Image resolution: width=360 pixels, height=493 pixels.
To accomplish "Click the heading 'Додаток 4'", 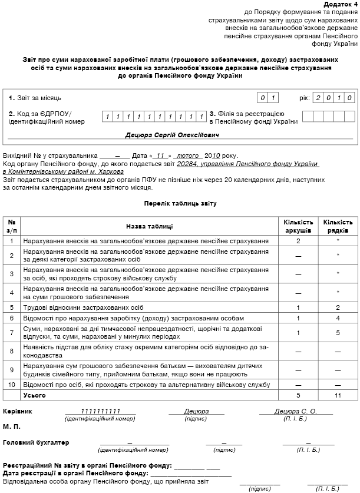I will coord(341,4).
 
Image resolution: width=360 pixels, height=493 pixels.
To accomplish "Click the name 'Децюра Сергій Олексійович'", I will coord(172,135).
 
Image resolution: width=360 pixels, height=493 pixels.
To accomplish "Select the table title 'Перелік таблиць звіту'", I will coord(180,203).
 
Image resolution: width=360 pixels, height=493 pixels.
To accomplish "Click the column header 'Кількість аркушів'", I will coord(298,226).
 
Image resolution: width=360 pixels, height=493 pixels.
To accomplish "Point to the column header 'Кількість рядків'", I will coord(338,226).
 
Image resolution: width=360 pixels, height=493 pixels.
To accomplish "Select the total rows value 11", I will coord(338,395).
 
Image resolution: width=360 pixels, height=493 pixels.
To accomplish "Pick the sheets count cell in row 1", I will coord(298,241).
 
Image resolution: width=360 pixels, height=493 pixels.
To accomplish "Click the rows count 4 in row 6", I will coord(338,318).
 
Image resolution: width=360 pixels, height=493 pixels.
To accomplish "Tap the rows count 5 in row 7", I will coord(338,333).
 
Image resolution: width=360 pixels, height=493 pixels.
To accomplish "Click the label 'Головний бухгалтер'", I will coord(36,442).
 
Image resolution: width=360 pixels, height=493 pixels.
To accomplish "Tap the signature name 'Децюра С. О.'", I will coord(296,411).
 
